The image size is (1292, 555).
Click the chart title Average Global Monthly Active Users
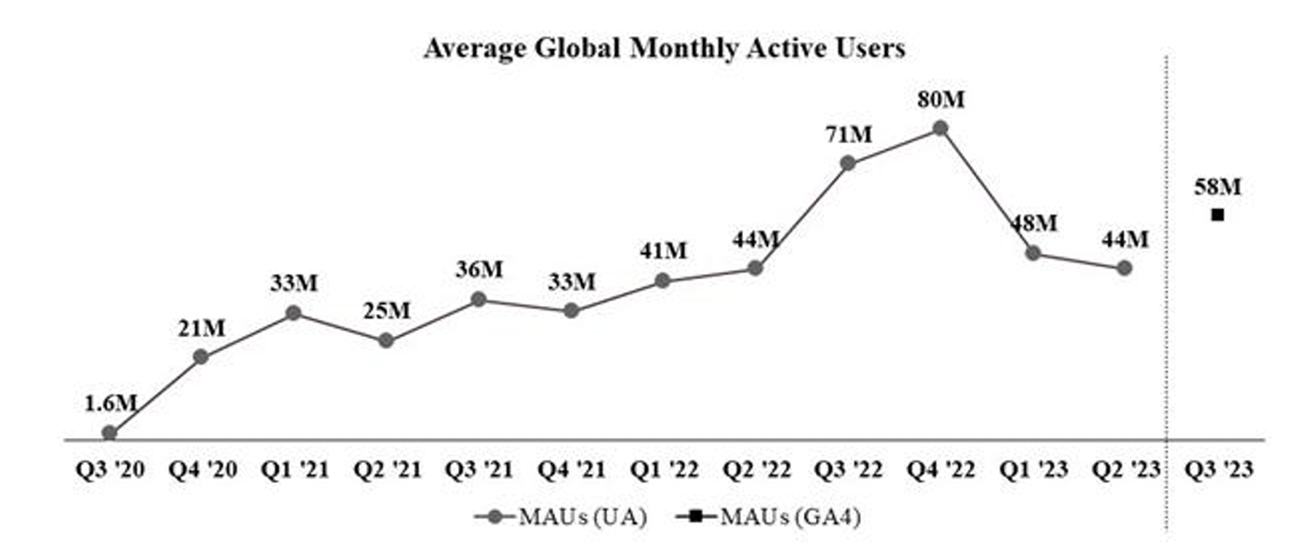[x=664, y=48]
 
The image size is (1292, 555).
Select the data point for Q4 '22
[x=940, y=128]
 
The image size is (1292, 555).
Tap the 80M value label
[x=941, y=99]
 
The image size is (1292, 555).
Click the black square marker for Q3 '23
[x=1217, y=215]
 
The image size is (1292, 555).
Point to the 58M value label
[x=1217, y=187]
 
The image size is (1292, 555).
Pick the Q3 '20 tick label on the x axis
[x=110, y=470]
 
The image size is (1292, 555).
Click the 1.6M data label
[x=111, y=402]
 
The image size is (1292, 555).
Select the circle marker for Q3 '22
[x=848, y=164]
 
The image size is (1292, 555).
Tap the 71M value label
[x=848, y=134]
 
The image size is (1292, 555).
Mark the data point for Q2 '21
[x=386, y=340]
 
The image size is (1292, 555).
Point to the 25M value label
[x=386, y=311]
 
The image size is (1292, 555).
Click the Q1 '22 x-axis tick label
[x=664, y=470]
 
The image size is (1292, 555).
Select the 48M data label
[x=1034, y=223]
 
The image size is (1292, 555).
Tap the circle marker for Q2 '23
[x=1124, y=268]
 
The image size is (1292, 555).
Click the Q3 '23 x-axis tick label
[x=1218, y=470]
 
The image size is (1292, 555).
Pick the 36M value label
[x=479, y=269]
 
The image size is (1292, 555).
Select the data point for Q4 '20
[x=201, y=356]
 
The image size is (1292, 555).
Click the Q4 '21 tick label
[x=571, y=470]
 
